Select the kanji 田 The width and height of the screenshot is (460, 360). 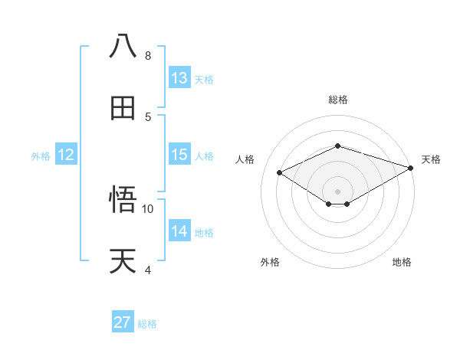coord(123,108)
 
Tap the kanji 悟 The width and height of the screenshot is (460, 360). coord(123,200)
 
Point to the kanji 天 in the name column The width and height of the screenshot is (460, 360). coord(123,261)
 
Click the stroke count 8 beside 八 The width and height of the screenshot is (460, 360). coord(148,56)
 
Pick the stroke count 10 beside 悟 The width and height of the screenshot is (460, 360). coord(148,208)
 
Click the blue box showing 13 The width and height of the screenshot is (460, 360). coord(179,78)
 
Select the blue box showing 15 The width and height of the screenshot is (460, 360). coord(179,155)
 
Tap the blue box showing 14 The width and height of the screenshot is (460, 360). coord(179,231)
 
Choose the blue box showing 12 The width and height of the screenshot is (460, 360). coord(66,155)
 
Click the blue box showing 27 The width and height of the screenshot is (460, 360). coord(123,322)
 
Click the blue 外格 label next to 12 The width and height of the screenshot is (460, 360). coord(41,155)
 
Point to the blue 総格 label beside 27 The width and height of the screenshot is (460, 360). coord(147,324)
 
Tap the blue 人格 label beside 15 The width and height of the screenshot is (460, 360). coord(204,155)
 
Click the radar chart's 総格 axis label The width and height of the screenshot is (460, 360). coord(337,100)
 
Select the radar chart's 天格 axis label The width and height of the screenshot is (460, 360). coord(431,159)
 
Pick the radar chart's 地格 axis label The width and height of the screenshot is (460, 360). coord(402,262)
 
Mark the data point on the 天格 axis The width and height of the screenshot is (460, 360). coord(412,167)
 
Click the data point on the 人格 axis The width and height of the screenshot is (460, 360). coord(280,172)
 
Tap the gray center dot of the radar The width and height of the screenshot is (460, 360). coord(337,190)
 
